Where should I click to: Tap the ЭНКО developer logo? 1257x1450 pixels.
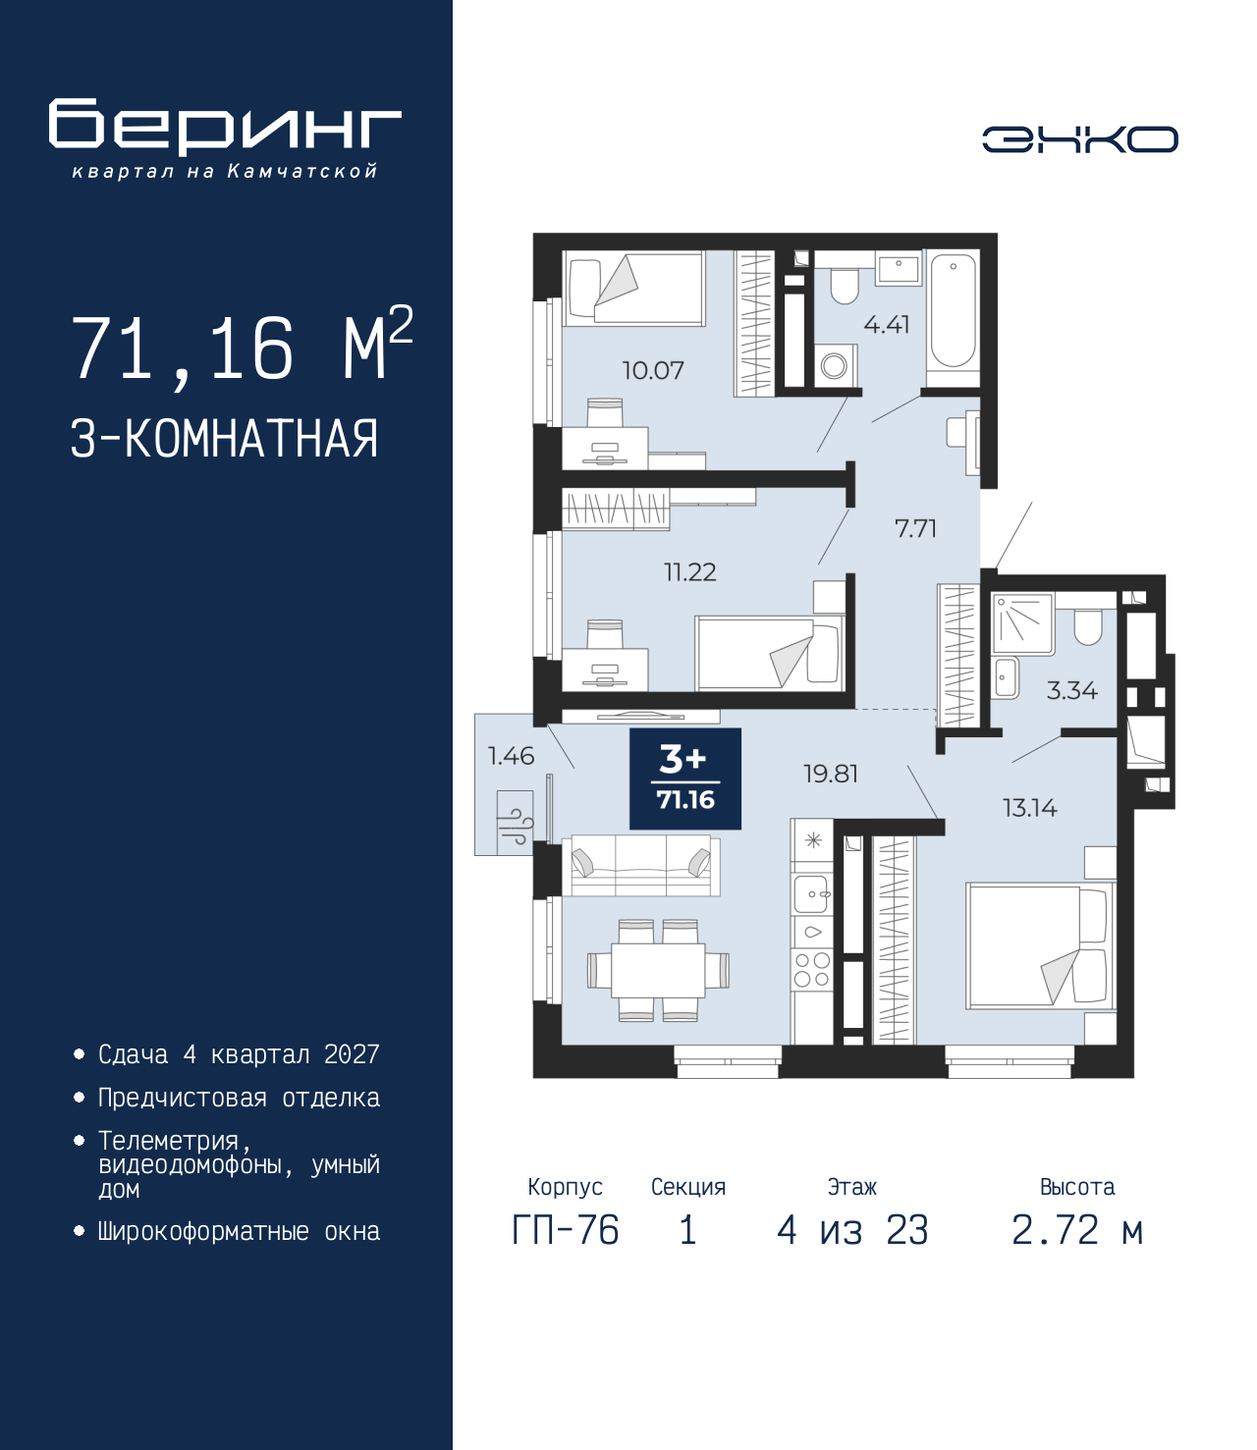tap(1079, 139)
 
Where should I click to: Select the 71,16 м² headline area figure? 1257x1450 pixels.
tap(241, 348)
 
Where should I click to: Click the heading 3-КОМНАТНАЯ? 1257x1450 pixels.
tap(224, 439)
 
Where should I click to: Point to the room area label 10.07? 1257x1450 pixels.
tap(652, 370)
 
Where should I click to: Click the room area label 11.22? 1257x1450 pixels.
tap(689, 571)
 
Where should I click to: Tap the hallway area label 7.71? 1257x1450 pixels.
tap(915, 528)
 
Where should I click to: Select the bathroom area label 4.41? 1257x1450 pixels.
tap(886, 324)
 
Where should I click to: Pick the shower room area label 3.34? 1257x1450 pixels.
tap(1071, 690)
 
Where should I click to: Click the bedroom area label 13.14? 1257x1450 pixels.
tap(1029, 808)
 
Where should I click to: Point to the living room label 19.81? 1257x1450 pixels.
tap(831, 774)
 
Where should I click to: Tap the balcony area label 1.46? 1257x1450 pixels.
tap(511, 755)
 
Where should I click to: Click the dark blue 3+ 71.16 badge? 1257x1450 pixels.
tap(685, 779)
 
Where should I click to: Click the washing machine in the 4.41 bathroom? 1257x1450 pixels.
tap(835, 366)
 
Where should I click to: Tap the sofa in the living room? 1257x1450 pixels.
tap(641, 865)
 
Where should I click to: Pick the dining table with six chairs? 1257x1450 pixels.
tap(658, 969)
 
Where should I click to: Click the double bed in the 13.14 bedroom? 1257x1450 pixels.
tap(1040, 945)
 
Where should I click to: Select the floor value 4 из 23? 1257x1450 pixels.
tap(851, 1230)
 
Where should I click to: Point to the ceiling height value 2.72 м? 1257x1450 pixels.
tap(1077, 1230)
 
